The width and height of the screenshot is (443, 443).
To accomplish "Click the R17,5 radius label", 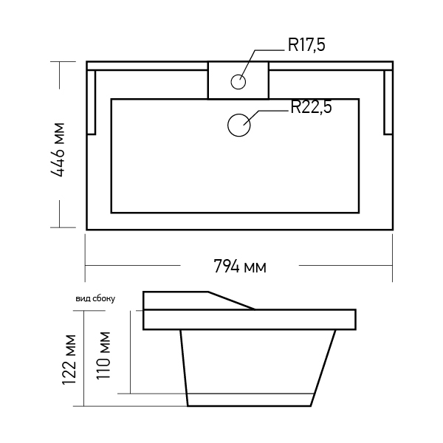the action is (306, 45).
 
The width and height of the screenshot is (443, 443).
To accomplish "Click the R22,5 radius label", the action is (312, 107).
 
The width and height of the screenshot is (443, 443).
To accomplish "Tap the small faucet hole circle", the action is (238, 82).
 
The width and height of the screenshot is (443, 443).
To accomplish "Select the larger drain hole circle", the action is (239, 126).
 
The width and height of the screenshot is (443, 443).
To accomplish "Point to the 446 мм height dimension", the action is (58, 150).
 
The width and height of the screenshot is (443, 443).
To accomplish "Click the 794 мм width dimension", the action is (240, 267).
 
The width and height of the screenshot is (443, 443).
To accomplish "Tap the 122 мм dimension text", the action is (69, 360).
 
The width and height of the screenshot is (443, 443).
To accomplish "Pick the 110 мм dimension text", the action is (103, 356).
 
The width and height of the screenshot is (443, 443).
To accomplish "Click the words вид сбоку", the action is (95, 298).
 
